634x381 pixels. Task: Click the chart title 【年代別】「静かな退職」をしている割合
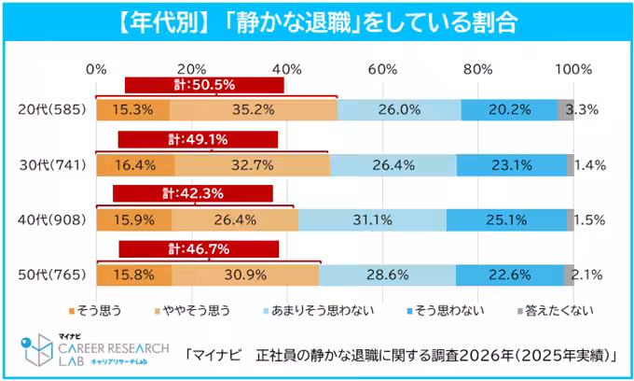(317, 21)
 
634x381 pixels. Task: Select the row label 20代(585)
(52, 109)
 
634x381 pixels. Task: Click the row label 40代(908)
(52, 220)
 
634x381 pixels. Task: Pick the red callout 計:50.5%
(204, 85)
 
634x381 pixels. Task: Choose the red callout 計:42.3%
(193, 193)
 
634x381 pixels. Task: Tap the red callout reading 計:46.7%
(199, 248)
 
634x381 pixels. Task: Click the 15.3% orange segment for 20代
(132, 109)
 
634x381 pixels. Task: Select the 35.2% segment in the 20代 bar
(253, 109)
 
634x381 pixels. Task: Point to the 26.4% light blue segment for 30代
(393, 165)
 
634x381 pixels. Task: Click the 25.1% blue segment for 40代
(505, 220)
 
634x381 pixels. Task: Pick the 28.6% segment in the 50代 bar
(387, 275)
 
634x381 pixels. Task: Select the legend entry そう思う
(99, 308)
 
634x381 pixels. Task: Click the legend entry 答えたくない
(556, 308)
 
